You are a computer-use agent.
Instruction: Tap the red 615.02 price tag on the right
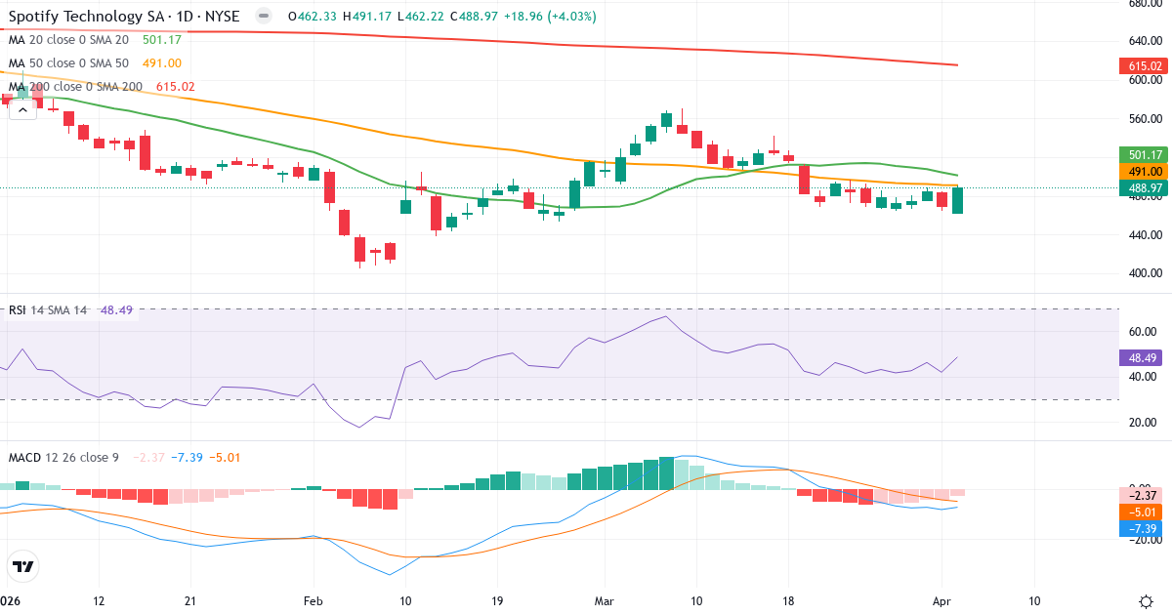[1141, 66]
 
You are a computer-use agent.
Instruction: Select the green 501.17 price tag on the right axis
[1141, 154]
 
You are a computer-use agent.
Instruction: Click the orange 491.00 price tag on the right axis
[1141, 171]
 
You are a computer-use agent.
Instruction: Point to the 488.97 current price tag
[1141, 187]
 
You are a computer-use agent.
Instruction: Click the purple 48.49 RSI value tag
[1141, 357]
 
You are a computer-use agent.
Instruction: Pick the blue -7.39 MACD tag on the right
[1141, 528]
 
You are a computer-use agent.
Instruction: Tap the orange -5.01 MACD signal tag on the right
[1141, 512]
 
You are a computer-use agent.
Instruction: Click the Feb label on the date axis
[313, 600]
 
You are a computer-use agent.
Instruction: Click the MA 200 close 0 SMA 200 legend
[76, 87]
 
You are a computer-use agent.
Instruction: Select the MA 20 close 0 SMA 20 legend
[68, 40]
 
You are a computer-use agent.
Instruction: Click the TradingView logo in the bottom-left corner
[23, 566]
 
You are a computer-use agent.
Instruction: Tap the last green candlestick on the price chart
[957, 200]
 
